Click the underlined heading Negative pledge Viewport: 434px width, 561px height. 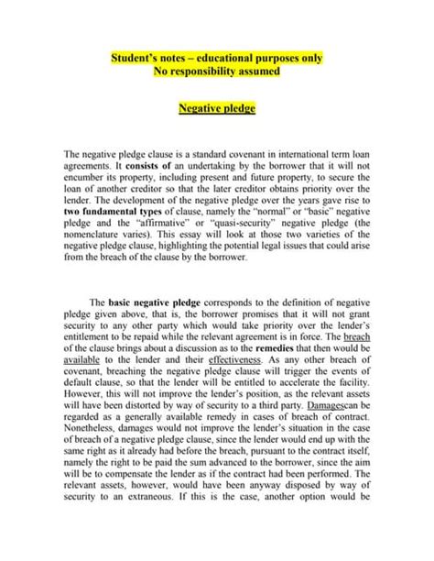pos(216,108)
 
